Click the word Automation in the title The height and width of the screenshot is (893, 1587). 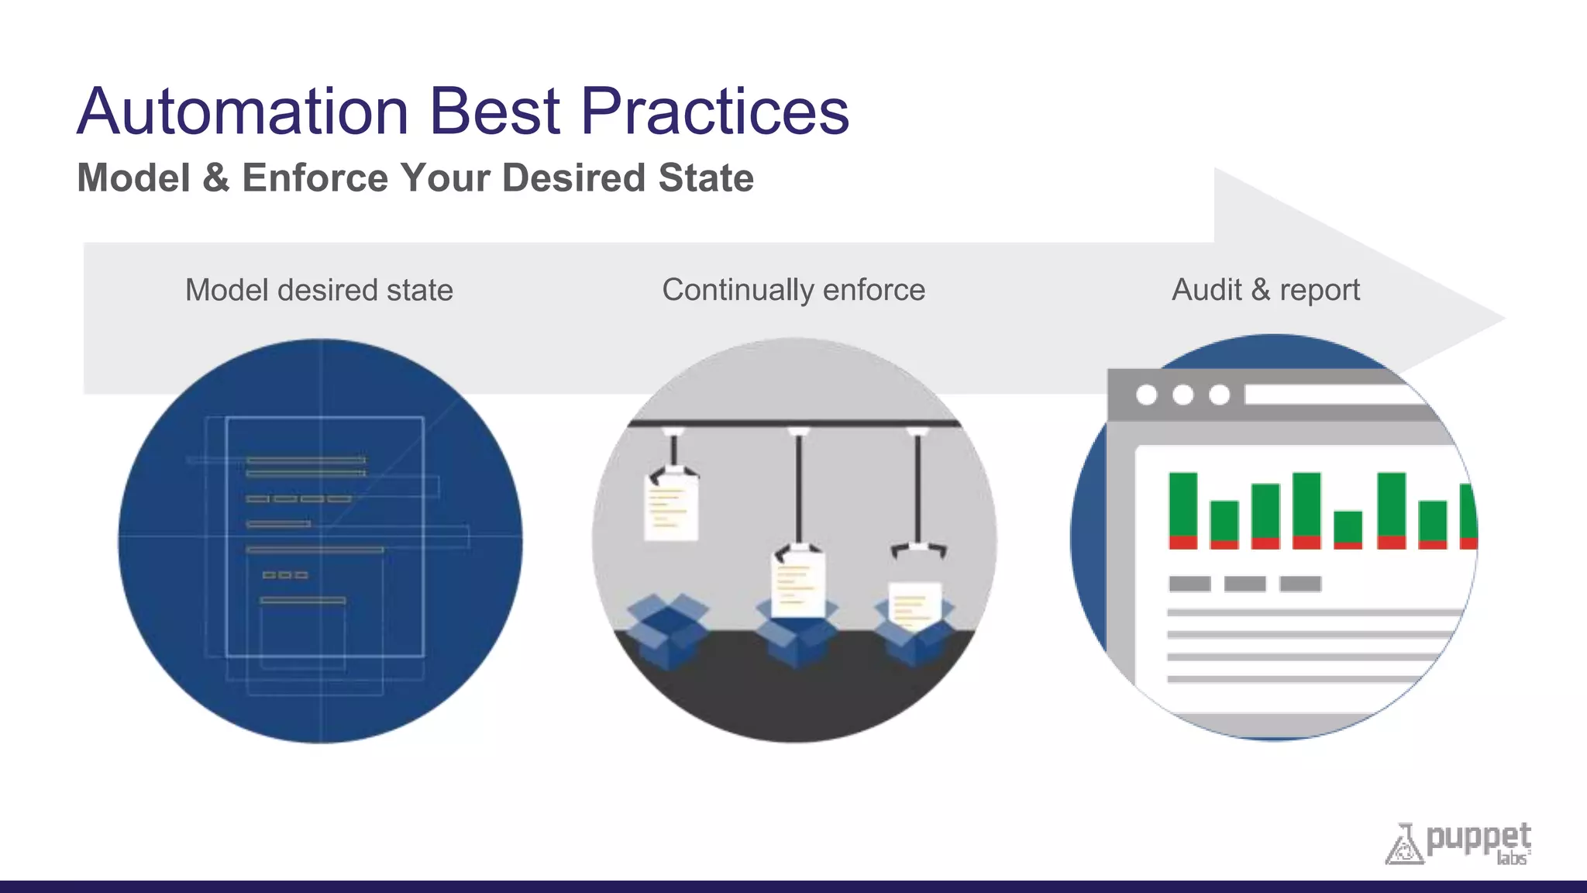click(243, 112)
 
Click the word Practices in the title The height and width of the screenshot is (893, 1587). click(714, 112)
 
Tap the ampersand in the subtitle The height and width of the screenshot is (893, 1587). click(215, 178)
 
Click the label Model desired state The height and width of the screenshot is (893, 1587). click(318, 290)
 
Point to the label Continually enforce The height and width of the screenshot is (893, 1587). click(793, 290)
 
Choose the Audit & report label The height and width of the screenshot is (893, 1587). click(1265, 290)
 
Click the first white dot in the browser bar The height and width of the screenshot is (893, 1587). click(1147, 395)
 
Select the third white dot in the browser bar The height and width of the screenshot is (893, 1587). click(1220, 395)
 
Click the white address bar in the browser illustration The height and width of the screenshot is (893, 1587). click(1333, 395)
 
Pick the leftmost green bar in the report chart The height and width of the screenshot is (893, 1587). click(1183, 505)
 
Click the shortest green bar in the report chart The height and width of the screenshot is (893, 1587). click(1348, 527)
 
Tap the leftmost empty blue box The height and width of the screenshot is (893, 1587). click(667, 629)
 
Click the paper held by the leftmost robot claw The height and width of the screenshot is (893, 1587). click(671, 509)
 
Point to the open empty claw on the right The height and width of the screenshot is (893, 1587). click(918, 550)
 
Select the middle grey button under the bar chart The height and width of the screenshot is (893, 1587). click(1244, 584)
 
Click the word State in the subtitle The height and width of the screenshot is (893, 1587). click(706, 178)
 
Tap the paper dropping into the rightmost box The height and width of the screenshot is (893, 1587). click(914, 605)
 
